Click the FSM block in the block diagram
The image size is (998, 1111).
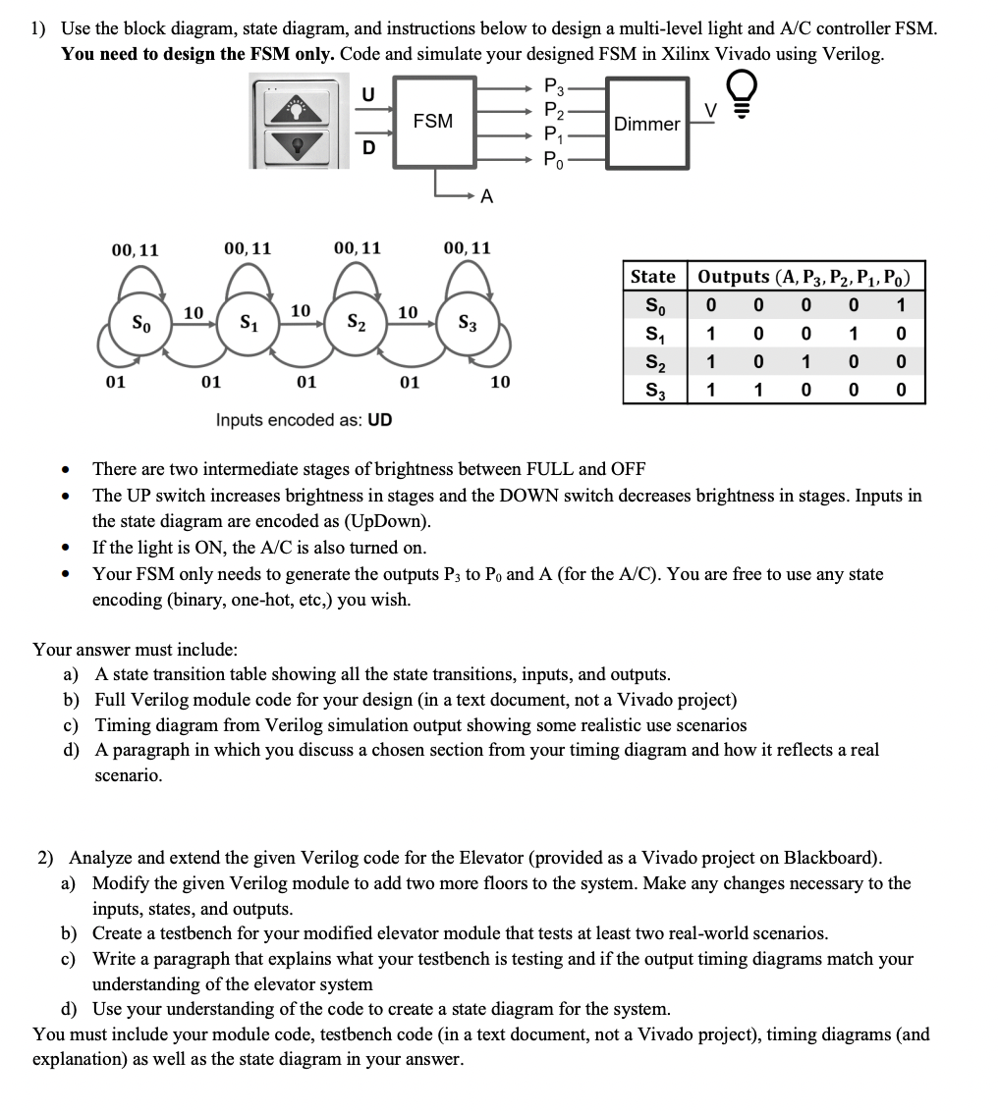point(433,122)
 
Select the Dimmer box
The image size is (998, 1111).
point(646,124)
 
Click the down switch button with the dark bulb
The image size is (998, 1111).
point(297,145)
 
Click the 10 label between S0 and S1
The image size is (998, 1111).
point(194,312)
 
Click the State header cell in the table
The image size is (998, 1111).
point(652,277)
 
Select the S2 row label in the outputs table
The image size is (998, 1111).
point(652,362)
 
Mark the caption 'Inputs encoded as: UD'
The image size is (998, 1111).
point(304,420)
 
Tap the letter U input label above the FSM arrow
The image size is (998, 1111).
point(367,94)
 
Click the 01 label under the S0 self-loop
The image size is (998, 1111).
point(115,381)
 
